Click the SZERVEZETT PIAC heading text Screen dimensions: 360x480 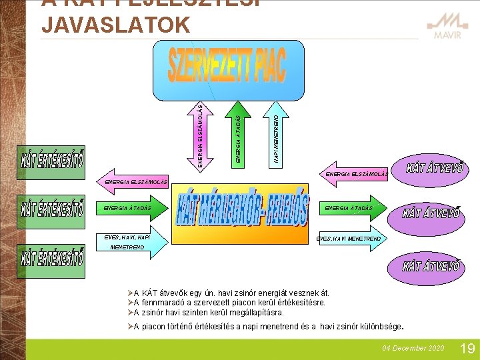227,64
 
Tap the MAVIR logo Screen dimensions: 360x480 447,28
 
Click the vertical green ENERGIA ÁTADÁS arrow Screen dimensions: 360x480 239,131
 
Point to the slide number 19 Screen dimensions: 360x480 467,348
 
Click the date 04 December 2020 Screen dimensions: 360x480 413,349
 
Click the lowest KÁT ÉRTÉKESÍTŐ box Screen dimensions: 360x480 53,258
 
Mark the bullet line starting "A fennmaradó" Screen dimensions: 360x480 230,303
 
